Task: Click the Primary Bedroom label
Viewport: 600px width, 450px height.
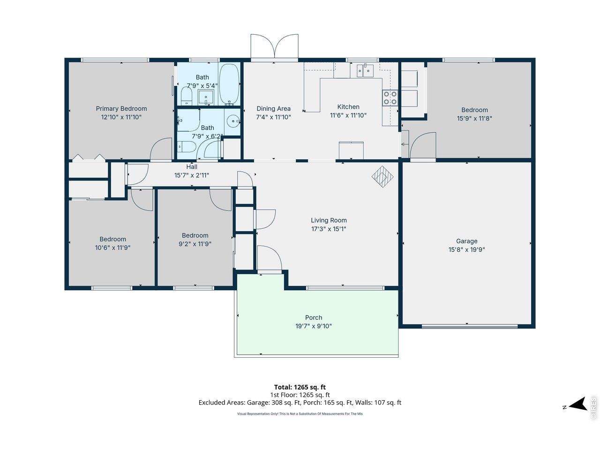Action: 121,108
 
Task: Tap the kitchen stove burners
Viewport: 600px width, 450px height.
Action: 390,98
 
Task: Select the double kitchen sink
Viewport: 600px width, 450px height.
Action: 365,71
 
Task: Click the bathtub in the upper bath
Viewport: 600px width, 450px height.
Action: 229,84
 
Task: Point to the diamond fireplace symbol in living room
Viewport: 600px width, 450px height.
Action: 382,177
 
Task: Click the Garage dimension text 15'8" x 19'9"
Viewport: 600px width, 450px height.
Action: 466,249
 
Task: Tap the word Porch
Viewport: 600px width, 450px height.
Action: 314,317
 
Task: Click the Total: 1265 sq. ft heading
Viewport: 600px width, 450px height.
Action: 300,387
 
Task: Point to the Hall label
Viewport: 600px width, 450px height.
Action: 192,167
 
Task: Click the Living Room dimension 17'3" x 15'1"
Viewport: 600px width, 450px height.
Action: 329,229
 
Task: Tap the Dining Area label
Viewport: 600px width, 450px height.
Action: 273,108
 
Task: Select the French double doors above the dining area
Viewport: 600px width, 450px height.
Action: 274,46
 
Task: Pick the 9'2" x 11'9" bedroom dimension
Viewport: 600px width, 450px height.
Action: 195,244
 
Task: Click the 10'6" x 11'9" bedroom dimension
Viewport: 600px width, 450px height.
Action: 112,247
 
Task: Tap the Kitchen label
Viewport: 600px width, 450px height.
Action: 348,106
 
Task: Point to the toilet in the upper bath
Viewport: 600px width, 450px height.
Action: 187,96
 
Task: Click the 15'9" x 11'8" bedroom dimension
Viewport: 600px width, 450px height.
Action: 474,118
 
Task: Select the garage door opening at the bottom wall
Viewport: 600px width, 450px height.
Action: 470,326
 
